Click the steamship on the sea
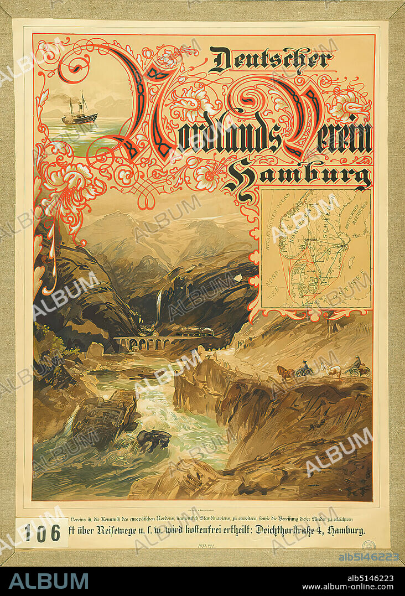click(x=79, y=115)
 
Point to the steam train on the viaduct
click(x=194, y=334)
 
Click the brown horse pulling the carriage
click(x=285, y=372)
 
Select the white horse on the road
click(x=332, y=369)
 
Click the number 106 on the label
click(x=42, y=533)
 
